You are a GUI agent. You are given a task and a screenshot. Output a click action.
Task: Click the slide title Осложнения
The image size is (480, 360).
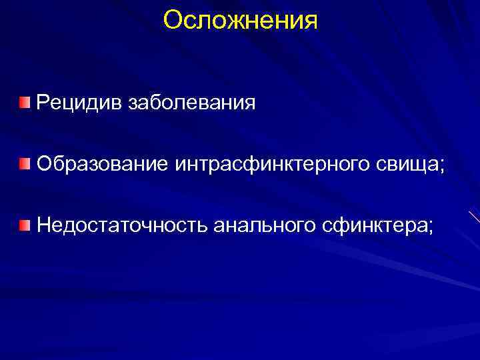(x=240, y=19)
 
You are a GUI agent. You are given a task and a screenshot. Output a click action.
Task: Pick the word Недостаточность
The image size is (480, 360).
(x=123, y=225)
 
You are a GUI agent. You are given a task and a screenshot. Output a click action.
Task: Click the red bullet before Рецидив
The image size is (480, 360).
(x=25, y=102)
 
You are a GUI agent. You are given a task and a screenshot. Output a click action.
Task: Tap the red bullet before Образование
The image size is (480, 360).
(x=25, y=163)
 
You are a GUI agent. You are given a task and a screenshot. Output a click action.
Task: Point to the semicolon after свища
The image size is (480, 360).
(x=441, y=167)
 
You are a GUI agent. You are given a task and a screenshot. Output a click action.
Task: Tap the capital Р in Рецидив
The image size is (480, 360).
(x=44, y=103)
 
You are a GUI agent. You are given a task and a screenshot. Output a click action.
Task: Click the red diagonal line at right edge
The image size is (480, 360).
(x=474, y=217)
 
